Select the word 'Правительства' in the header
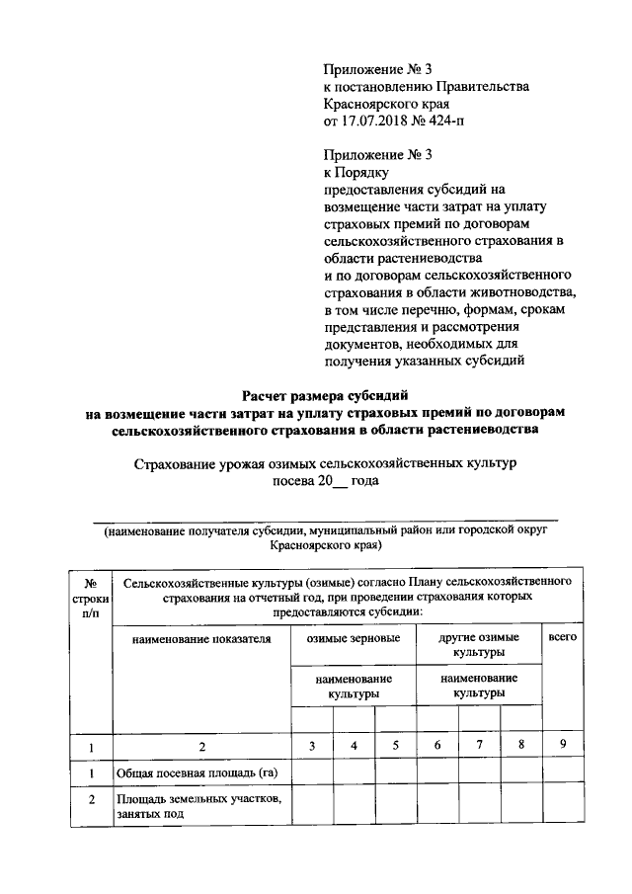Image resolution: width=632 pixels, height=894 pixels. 477,86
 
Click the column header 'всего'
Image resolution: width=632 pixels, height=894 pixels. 562,638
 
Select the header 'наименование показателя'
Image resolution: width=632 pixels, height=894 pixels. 200,638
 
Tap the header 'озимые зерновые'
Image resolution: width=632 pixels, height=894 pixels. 353,638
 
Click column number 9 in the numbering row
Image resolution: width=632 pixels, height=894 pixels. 562,746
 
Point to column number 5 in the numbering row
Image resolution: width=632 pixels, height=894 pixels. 395,746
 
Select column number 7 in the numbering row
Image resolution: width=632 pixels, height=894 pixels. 479,746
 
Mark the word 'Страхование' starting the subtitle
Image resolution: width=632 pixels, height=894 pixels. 169,462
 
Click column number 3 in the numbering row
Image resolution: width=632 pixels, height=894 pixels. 311,746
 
